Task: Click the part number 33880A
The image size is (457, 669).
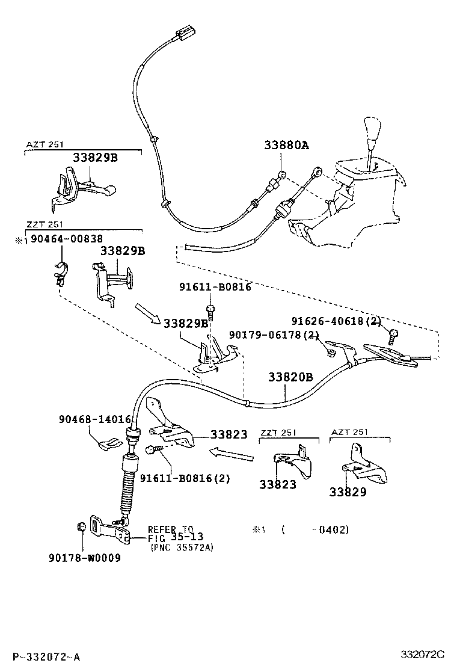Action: pos(286,145)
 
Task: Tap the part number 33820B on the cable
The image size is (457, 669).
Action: pos(290,377)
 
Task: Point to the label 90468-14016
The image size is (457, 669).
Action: pos(94,419)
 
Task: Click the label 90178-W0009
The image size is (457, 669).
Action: pos(84,557)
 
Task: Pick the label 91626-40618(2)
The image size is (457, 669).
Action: pos(336,321)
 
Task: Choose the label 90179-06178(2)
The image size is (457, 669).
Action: pos(274,335)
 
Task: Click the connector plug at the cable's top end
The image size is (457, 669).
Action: pos(183,34)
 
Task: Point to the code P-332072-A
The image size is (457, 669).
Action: pos(46,656)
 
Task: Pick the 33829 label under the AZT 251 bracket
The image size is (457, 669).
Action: pos(348,492)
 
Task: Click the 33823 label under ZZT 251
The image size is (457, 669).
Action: pos(278,484)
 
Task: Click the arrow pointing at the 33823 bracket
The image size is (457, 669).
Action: pos(232,454)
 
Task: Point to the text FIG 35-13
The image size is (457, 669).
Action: pos(176,538)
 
